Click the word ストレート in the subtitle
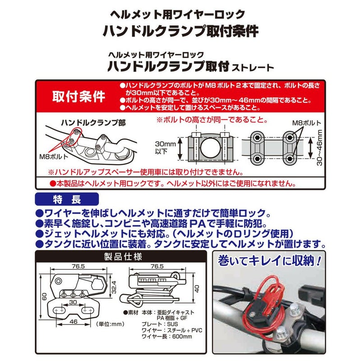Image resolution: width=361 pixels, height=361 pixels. (x=253, y=68)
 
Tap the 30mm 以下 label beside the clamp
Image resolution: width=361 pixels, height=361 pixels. (x=162, y=146)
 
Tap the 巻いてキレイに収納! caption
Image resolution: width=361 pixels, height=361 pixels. (x=270, y=260)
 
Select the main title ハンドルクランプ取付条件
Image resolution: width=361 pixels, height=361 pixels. (x=180, y=31)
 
